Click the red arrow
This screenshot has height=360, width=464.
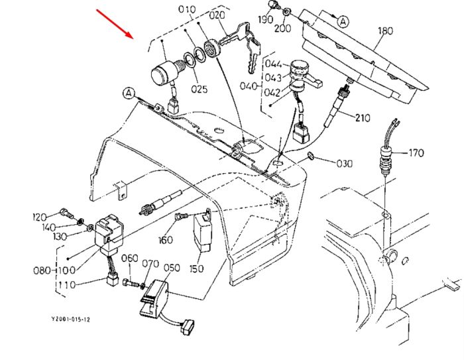(115, 24)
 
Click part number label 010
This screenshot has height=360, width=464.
(187, 9)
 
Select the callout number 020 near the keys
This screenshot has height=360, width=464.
(217, 15)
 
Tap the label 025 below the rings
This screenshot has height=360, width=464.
(199, 89)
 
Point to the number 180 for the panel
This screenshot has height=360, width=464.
(386, 30)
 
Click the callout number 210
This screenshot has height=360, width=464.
(363, 118)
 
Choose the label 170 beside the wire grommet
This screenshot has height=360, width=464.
(417, 153)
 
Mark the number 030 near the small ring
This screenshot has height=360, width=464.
(345, 163)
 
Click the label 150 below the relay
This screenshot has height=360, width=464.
(197, 269)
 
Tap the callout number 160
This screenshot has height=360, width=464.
(166, 239)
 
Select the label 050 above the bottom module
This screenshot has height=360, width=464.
(172, 268)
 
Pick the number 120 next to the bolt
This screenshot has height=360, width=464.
(39, 217)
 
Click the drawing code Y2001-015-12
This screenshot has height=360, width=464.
(71, 320)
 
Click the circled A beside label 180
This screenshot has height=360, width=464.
(343, 22)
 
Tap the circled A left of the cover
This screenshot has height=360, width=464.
(129, 93)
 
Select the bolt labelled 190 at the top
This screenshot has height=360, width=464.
(273, 5)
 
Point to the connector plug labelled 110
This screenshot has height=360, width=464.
(112, 280)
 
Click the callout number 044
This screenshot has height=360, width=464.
(273, 64)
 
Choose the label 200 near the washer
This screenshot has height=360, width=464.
(282, 29)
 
